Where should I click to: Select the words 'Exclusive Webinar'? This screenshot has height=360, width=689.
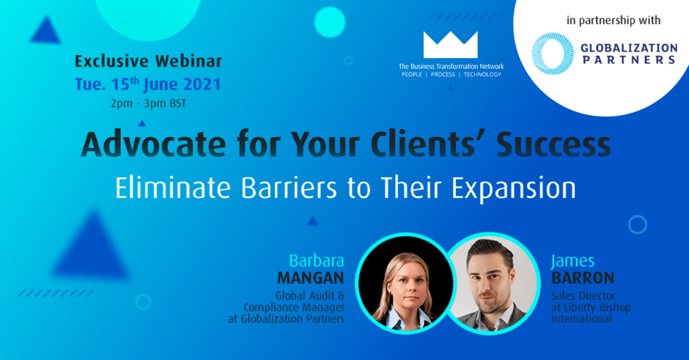tap(149, 61)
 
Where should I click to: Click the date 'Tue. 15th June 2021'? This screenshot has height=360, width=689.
tap(147, 84)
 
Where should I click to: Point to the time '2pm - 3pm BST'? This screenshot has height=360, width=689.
tap(148, 103)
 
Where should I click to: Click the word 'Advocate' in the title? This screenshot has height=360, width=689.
tap(153, 144)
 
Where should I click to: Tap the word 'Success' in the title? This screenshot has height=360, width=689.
tap(553, 144)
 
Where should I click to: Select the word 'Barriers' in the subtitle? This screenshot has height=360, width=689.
tap(289, 188)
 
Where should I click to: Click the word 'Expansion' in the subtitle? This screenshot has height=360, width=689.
tap(514, 188)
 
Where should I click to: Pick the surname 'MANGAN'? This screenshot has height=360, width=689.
tap(311, 278)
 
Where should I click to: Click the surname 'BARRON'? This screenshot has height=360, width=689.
tap(583, 278)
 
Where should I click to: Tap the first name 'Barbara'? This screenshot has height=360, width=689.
tap(317, 261)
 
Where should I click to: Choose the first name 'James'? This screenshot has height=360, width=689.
tap(572, 261)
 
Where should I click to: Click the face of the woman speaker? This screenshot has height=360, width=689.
tap(405, 286)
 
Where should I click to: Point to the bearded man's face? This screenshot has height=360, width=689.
tap(490, 282)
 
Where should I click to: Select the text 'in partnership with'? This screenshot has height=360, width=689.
tap(614, 21)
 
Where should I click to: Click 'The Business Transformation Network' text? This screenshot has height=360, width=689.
tap(452, 67)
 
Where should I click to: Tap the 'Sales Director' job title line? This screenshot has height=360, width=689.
tap(583, 295)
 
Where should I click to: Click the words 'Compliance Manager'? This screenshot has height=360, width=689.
tap(294, 307)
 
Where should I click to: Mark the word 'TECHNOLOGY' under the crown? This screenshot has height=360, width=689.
tap(482, 75)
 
